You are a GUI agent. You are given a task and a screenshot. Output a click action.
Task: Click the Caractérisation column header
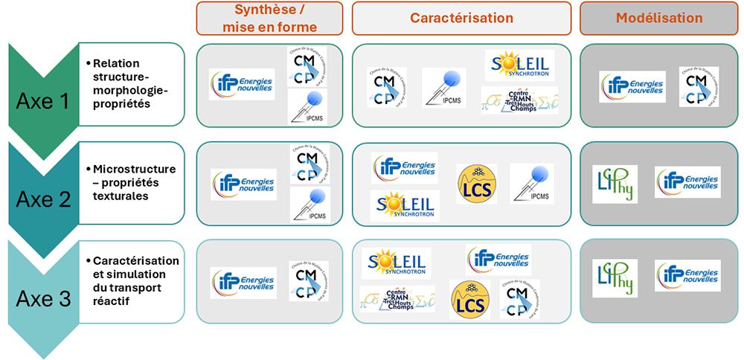pyautogui.click(x=462, y=19)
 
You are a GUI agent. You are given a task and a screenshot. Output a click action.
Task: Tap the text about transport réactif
pyautogui.click(x=135, y=281)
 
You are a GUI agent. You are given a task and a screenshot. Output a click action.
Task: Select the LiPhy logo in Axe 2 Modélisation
pyautogui.click(x=615, y=184)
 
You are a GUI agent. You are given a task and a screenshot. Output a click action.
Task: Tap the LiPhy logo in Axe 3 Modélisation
pyautogui.click(x=615, y=277)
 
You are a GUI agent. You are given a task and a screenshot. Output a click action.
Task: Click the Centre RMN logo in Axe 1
pyautogui.click(x=519, y=100)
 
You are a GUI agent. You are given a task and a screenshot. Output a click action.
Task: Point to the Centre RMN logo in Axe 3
pyautogui.click(x=397, y=298)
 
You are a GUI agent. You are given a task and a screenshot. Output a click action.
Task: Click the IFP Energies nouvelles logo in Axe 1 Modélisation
pyautogui.click(x=632, y=86)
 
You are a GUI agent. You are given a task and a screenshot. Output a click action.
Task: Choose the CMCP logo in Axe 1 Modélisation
pyautogui.click(x=699, y=86)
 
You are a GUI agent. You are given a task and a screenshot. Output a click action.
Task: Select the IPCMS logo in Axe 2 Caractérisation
pyautogui.click(x=532, y=183)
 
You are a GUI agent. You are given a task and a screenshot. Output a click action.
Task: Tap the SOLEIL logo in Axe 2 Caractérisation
pyautogui.click(x=404, y=205)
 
